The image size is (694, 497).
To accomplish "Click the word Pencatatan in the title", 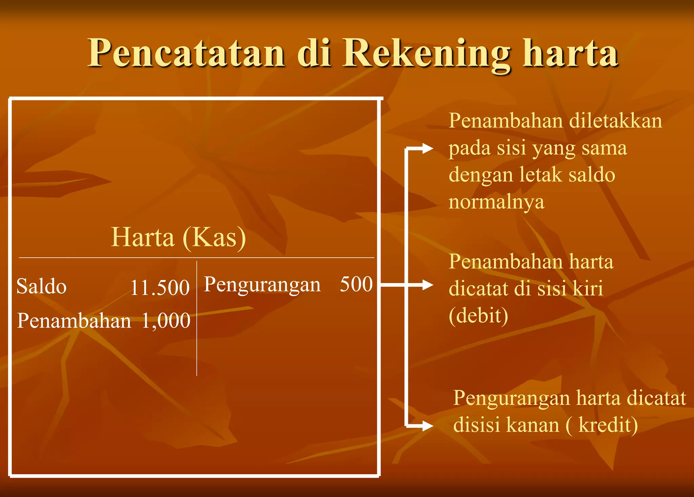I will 186,53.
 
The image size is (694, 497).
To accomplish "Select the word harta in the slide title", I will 570,53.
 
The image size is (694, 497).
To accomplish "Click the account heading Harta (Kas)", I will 178,237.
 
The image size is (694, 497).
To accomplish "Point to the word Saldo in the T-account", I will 41,286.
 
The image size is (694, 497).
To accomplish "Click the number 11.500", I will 160,288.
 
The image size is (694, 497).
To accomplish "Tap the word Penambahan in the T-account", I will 74,321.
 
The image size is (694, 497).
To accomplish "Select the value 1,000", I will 166,321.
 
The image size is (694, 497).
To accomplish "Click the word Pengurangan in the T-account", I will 262,285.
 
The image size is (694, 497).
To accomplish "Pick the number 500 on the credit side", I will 356,284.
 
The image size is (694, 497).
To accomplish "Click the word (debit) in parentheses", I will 478,316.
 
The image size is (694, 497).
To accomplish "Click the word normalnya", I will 496,202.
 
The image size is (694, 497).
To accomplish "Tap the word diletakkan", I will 615,121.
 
